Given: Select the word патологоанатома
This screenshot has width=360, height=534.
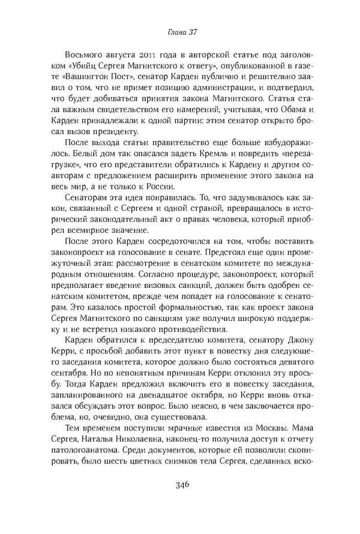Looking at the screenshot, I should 84,458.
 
